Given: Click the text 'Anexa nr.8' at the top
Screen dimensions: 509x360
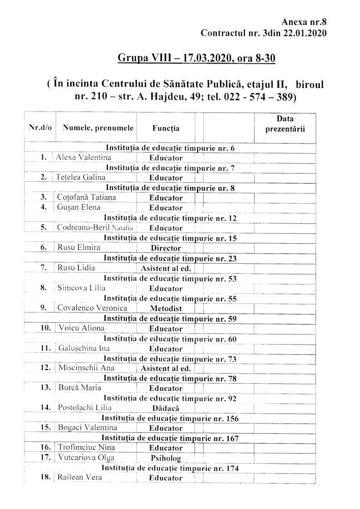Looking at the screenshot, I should pos(303,22).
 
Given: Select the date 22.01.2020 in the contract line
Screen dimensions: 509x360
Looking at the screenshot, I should pos(303,33).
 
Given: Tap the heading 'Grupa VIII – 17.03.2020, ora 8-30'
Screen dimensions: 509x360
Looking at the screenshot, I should pos(196,58).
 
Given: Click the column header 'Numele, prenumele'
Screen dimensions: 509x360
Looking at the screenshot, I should pos(98,128).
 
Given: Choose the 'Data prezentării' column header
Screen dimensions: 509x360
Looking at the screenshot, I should pos(285,124).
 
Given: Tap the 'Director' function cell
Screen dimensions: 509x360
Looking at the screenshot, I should pos(166,248).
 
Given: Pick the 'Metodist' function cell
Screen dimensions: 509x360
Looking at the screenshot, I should pos(166,308).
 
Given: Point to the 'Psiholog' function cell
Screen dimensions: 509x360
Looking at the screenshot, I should pos(166,458).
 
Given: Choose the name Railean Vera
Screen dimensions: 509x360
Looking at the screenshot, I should pos(80,477).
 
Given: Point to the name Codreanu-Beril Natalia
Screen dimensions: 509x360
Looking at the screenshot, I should pos(96,228).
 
